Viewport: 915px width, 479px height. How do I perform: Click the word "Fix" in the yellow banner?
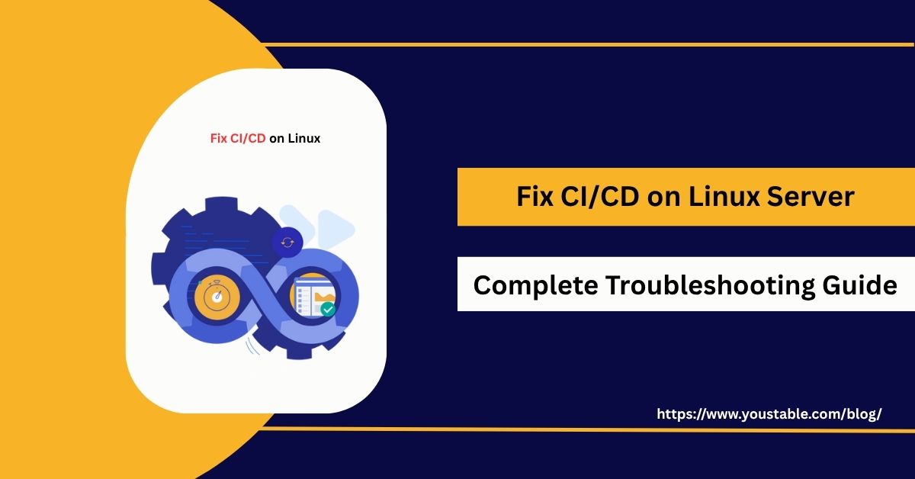533,197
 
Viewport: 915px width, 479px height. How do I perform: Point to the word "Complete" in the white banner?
534,285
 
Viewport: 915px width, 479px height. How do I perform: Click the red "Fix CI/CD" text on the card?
238,139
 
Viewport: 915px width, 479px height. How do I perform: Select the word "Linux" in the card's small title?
304,139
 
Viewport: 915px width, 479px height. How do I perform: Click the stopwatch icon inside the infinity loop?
217,297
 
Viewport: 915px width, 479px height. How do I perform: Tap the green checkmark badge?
328,309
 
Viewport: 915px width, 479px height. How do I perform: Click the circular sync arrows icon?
287,242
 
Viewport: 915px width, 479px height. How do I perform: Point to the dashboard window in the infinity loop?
312,294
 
